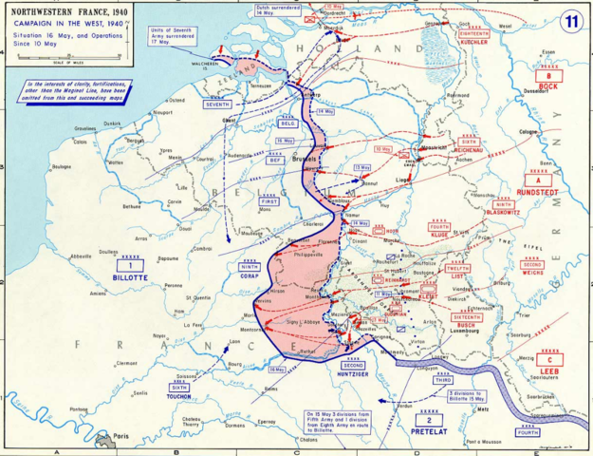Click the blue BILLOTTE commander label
[x=131, y=278]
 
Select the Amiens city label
[x=98, y=294]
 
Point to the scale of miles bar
[x=65, y=58]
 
